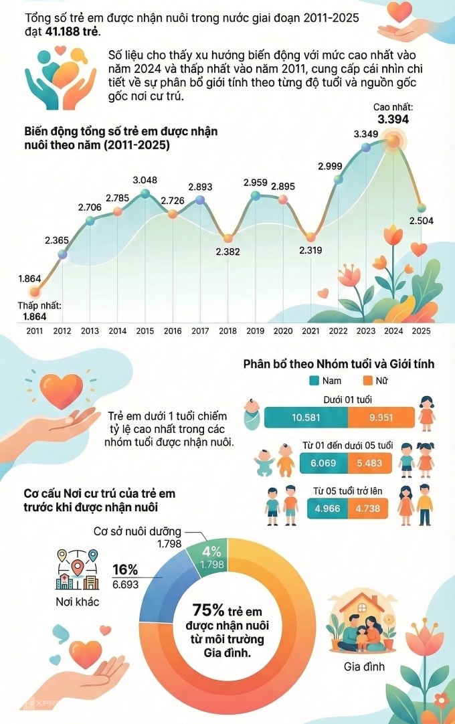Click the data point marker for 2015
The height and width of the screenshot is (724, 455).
click(x=145, y=194)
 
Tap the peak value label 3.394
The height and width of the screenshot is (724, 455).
click(x=393, y=120)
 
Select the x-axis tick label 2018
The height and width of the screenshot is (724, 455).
click(x=227, y=331)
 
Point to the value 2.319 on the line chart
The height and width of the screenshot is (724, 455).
click(x=310, y=251)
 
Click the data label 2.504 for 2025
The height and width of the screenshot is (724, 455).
click(x=421, y=222)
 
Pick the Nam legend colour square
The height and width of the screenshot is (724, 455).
click(x=314, y=381)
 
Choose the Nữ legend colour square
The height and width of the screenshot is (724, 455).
click(x=368, y=381)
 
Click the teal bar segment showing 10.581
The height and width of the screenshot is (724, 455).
click(x=306, y=418)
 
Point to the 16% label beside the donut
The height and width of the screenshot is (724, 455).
click(x=125, y=570)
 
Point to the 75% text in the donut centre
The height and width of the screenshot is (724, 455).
click(x=208, y=610)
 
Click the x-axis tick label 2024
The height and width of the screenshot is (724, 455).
click(x=393, y=331)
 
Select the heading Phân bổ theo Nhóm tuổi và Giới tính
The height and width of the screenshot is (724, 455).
click(x=339, y=364)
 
